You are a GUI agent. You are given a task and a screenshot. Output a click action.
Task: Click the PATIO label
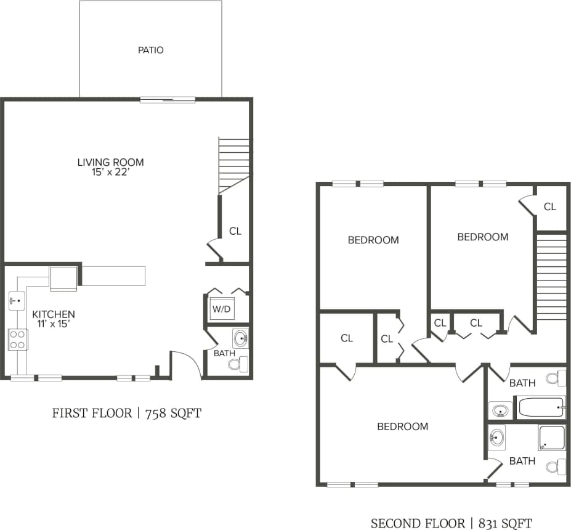coord(150,50)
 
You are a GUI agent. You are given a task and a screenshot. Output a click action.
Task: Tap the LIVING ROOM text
coord(110,162)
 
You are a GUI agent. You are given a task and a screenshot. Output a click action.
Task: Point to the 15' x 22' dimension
coord(110,173)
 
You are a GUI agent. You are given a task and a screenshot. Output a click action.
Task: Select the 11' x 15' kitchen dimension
coord(53,324)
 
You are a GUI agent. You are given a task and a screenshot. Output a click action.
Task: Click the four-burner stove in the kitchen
coord(17,340)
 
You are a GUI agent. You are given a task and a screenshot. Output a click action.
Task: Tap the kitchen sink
coord(15,301)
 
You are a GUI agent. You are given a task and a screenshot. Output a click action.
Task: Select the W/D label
coord(221,309)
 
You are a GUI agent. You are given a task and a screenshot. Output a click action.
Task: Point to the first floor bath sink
coord(240,338)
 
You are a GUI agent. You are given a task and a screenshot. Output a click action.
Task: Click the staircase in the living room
coord(234,163)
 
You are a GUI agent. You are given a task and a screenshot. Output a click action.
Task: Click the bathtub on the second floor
coord(541,407)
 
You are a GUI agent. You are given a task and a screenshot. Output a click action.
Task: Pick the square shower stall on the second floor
coord(551,438)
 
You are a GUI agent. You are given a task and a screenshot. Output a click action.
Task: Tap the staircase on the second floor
coord(551,275)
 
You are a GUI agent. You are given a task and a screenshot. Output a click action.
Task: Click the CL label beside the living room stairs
coord(235,231)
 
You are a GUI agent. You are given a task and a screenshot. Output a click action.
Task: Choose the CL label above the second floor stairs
coord(549,206)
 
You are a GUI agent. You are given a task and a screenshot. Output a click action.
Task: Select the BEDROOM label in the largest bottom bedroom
coord(402,426)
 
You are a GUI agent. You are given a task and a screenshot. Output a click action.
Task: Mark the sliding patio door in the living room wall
coord(168,99)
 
